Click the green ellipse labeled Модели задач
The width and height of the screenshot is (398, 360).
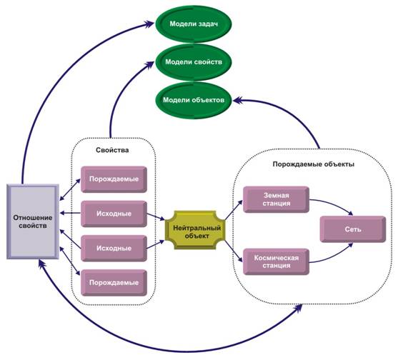[194, 24]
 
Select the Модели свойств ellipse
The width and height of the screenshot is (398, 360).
[194, 62]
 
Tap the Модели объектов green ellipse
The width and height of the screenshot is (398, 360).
[194, 100]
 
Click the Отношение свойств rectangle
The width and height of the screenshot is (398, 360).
[33, 221]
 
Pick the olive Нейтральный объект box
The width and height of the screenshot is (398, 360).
[195, 230]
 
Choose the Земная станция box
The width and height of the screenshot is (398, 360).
[276, 199]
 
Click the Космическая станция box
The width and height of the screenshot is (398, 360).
[276, 262]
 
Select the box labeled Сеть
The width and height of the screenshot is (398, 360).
[353, 229]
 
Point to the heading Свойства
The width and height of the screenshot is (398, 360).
[112, 150]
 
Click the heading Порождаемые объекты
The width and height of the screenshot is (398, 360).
[314, 164]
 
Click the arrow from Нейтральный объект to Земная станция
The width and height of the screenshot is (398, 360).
[234, 210]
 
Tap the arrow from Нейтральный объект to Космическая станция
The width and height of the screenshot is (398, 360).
[234, 251]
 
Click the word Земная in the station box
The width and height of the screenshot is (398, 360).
[276, 195]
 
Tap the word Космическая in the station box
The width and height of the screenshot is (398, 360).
[276, 258]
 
